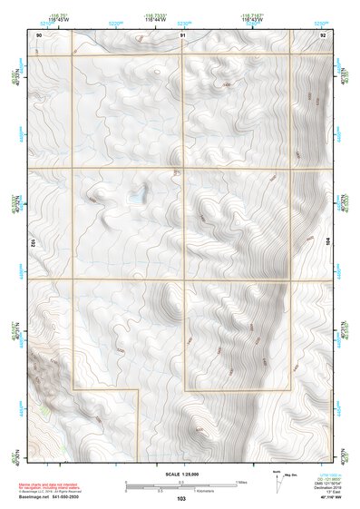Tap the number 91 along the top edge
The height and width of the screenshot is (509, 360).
pyautogui.click(x=182, y=34)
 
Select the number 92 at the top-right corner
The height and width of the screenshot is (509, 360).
pyautogui.click(x=323, y=34)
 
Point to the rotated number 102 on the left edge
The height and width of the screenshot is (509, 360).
pyautogui.click(x=32, y=243)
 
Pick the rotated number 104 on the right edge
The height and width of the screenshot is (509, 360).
pyautogui.click(x=330, y=243)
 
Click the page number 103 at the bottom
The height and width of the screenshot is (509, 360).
pyautogui.click(x=181, y=499)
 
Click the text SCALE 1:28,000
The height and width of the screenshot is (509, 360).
pyautogui.click(x=181, y=475)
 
